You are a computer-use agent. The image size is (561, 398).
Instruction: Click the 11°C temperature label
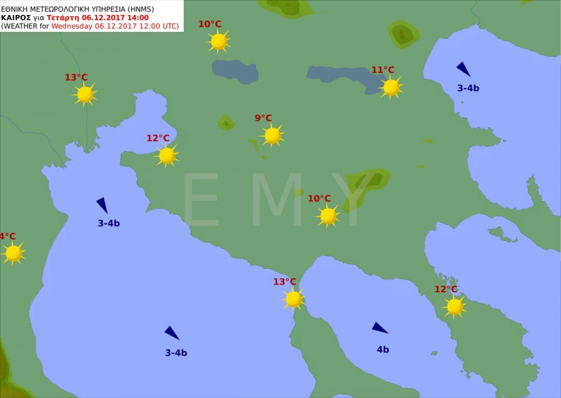tap(383, 70)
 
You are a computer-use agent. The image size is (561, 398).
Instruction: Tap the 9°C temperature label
tap(263, 118)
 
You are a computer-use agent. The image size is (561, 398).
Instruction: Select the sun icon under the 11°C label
tap(391, 87)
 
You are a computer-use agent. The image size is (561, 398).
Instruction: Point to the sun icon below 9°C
tap(272, 135)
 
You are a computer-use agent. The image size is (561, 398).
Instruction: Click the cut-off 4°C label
tap(7, 236)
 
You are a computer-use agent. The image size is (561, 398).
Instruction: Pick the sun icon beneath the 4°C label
tap(13, 253)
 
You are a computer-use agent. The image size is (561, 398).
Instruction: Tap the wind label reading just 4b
tap(383, 349)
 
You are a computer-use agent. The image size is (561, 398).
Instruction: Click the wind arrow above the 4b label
tap(380, 328)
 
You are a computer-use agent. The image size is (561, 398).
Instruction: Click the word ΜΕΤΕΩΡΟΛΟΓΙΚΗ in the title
tap(56, 9)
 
